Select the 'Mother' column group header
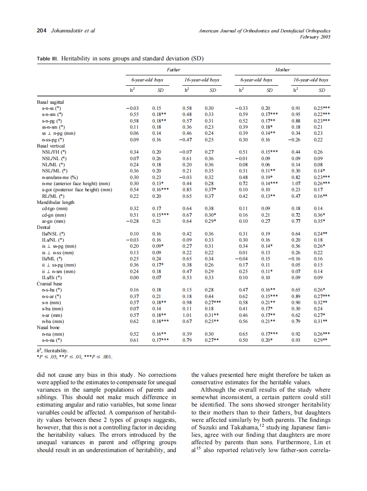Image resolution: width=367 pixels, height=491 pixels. pyautogui.click(x=282, y=70)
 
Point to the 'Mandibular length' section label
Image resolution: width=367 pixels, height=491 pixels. pyautogui.click(x=56, y=203)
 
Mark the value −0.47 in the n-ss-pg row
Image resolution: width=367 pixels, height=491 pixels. pyautogui.click(x=187, y=140)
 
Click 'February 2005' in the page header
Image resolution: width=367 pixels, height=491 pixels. pyautogui.click(x=315, y=37)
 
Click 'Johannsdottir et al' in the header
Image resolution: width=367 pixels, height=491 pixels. pyautogui.click(x=74, y=31)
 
